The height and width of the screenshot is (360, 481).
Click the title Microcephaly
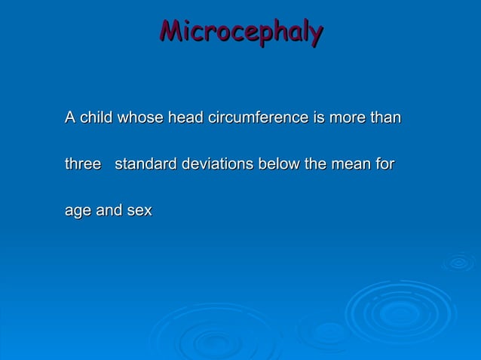point(241,32)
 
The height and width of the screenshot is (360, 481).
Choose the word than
point(385,118)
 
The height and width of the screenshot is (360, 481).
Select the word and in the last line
point(109,212)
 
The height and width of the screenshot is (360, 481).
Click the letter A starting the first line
point(70,118)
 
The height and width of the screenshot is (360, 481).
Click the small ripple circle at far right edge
point(458,262)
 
